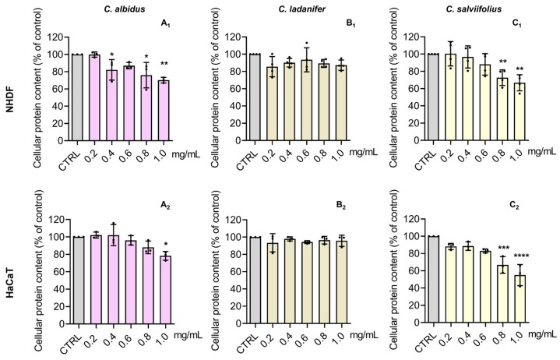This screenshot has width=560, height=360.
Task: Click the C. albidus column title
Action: click(x=125, y=9)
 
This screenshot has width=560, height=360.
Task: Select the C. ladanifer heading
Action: click(x=302, y=9)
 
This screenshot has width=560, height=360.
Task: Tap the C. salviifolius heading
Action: click(x=474, y=9)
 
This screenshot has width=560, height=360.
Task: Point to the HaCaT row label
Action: click(x=10, y=282)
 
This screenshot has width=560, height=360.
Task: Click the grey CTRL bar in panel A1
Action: click(x=77, y=97)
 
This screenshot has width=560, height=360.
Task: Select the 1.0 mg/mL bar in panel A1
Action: click(x=164, y=111)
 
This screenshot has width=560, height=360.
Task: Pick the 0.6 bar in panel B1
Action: click(x=306, y=101)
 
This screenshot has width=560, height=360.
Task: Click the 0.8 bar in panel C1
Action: click(x=502, y=109)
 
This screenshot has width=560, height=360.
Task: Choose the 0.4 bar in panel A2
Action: click(x=113, y=280)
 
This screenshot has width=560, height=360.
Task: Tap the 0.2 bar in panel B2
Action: click(x=273, y=284)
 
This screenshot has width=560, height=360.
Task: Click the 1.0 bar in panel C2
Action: click(x=519, y=299)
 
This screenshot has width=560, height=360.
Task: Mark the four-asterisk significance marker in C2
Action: click(x=522, y=256)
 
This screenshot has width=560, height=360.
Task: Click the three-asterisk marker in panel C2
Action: click(x=503, y=248)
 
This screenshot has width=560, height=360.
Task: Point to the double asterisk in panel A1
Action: click(x=164, y=64)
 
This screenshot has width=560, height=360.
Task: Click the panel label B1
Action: click(x=350, y=24)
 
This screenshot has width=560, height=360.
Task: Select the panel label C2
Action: click(x=514, y=206)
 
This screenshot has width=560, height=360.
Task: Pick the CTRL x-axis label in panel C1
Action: click(x=426, y=159)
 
